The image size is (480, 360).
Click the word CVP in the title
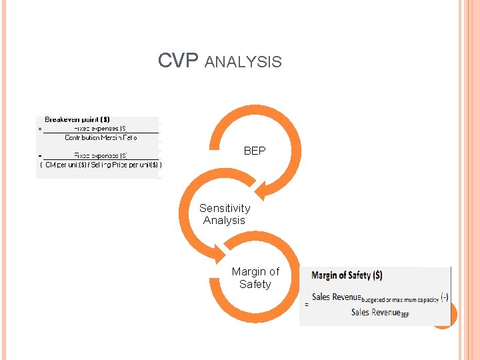point(178,61)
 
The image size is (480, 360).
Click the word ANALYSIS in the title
point(243,62)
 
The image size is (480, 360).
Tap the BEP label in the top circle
point(255,151)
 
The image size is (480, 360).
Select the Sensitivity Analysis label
point(225,214)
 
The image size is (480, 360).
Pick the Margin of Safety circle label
point(255,278)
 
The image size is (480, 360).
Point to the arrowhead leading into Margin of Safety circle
point(221,257)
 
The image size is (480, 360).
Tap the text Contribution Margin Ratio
point(101,137)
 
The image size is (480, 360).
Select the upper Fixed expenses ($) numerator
point(100,128)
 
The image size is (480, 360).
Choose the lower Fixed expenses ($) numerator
point(101,155)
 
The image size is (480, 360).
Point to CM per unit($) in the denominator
point(65,165)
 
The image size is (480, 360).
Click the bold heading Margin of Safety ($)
point(347,275)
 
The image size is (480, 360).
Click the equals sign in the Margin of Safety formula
point(307,304)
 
